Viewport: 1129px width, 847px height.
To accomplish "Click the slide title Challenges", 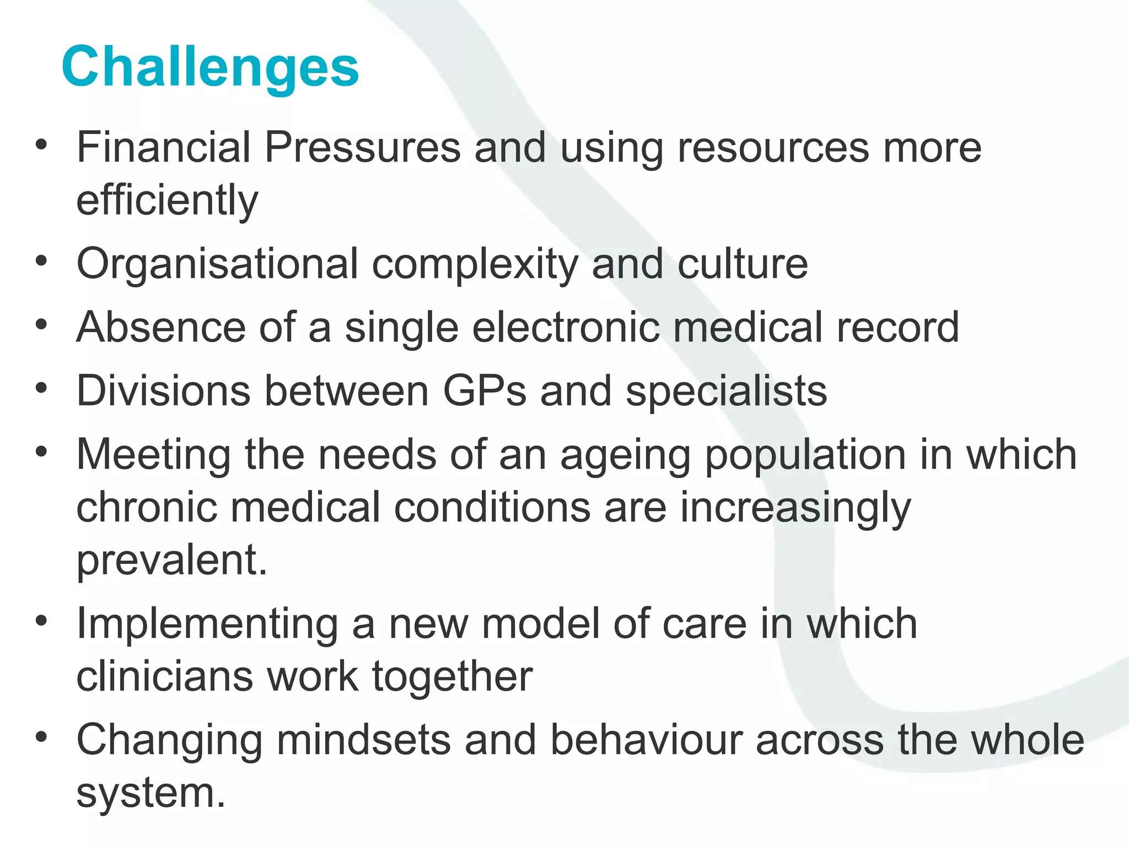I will click(210, 67).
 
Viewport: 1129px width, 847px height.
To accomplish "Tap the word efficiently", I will click(167, 200).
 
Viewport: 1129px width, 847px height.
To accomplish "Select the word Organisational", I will click(217, 264).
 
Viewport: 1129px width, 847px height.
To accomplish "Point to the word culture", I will click(742, 264).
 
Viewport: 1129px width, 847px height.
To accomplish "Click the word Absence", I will click(160, 328).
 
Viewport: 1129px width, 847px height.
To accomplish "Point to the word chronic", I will click(146, 507).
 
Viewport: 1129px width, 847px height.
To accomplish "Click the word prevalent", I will click(171, 560).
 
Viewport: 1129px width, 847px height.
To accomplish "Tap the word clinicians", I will click(164, 677).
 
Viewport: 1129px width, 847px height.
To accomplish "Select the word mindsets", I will click(363, 740).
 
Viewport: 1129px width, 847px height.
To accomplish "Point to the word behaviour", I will click(646, 740).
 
